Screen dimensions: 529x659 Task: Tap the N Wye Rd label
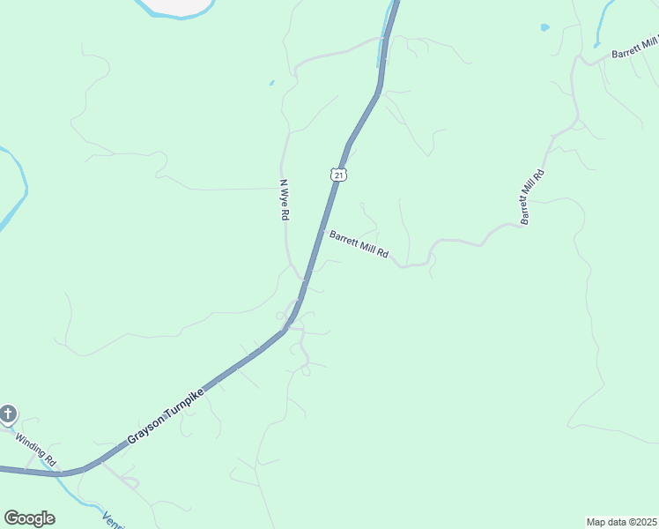click(x=285, y=200)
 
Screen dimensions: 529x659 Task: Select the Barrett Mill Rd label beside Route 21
click(x=359, y=243)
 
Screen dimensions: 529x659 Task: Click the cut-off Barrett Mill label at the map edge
click(x=634, y=48)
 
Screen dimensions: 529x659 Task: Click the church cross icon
click(x=8, y=414)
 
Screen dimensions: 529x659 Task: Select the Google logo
click(x=29, y=518)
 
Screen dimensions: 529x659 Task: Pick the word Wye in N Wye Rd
click(x=285, y=200)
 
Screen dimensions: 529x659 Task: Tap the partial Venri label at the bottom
click(x=113, y=520)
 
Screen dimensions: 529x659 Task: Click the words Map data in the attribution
click(x=606, y=521)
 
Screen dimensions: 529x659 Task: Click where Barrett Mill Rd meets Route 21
click(x=323, y=231)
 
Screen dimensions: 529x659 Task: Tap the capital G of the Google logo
click(x=11, y=518)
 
